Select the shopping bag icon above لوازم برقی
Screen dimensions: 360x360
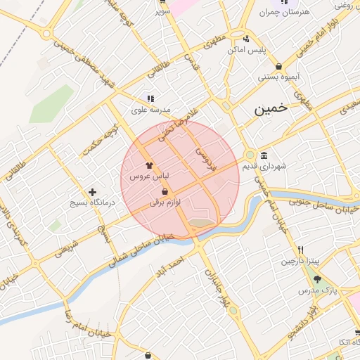point(165,191)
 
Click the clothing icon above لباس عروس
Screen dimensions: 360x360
point(149,166)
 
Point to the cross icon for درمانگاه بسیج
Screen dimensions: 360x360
point(92,192)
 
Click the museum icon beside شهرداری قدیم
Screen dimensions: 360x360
point(263,155)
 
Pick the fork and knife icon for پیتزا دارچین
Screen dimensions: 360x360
point(300,250)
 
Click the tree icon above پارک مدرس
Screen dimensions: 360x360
point(316,279)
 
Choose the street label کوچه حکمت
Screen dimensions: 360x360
point(99,141)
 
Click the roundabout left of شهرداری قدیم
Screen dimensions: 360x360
point(250,155)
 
